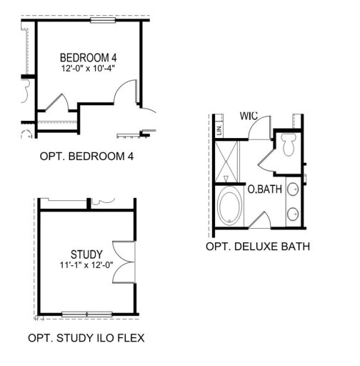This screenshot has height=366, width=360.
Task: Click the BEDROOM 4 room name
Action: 89,57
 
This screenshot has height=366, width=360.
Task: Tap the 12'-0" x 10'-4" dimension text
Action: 89,68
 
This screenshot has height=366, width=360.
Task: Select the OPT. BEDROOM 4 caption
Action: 88,155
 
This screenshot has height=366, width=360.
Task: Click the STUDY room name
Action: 87,254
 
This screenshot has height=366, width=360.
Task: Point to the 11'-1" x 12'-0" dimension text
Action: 87,264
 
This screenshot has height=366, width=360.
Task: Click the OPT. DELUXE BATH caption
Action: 258,247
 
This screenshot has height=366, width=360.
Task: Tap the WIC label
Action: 249,116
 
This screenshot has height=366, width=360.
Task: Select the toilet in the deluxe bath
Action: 289,145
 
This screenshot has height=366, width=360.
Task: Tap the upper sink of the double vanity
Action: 293,190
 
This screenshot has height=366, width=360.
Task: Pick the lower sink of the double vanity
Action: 293,212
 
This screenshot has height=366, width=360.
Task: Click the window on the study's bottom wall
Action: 86,313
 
